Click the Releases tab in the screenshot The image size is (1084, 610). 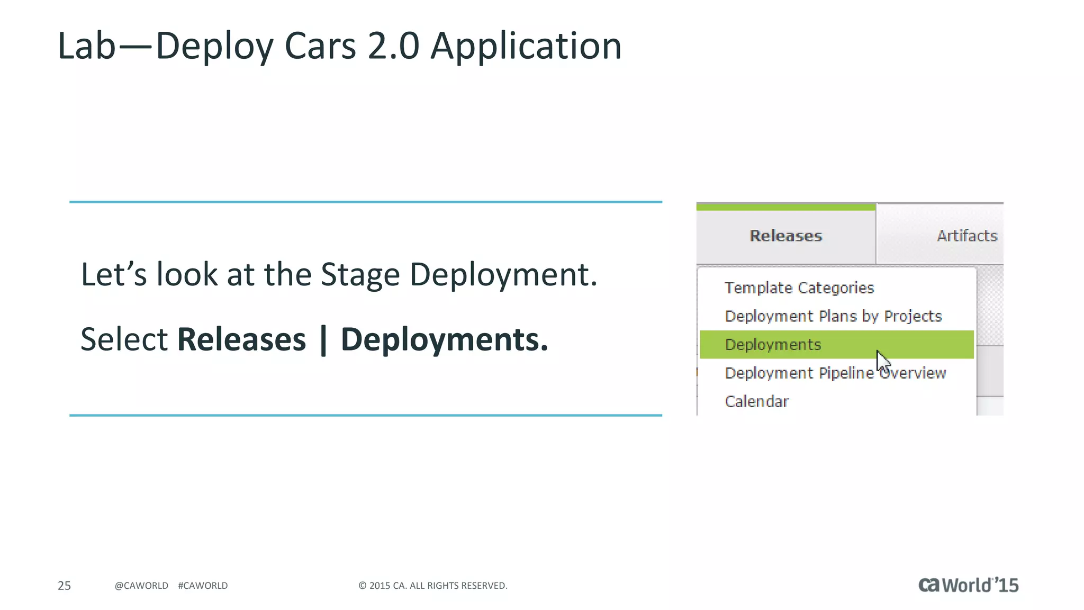pos(785,236)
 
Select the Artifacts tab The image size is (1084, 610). pos(966,236)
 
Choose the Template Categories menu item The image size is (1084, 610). pos(799,288)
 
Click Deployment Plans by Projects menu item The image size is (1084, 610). pos(833,316)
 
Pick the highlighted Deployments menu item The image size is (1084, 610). pos(773,345)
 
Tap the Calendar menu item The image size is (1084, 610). pos(756,401)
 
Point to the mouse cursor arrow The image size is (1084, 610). pos(882,362)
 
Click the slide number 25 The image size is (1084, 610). pos(64,586)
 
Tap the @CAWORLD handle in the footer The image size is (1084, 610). pos(141,586)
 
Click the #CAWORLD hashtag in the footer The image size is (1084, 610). pos(203,586)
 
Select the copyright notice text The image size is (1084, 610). pos(432,586)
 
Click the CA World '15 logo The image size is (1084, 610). pos(968,585)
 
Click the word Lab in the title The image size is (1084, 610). pos(86,46)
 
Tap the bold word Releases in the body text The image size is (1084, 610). pos(241,339)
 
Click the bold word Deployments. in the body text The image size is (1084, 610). pos(444,339)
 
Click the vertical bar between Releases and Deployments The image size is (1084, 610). pos(323,340)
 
